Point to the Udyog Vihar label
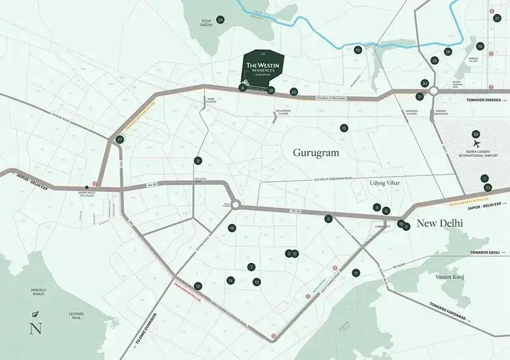(385, 182)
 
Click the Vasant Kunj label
(450, 277)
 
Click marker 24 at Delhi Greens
(221, 20)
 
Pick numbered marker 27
(119, 140)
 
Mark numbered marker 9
(198, 161)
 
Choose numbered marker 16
(232, 228)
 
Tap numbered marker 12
(198, 286)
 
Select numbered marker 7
(251, 267)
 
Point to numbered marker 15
(344, 128)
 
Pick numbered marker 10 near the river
(358, 50)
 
